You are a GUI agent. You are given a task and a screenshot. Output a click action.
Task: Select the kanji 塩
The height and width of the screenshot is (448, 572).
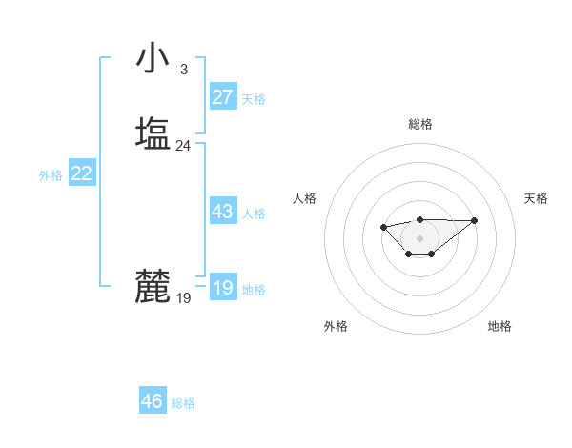coord(153,132)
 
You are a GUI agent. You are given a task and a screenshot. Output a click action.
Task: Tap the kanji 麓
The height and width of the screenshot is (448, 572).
coord(153,286)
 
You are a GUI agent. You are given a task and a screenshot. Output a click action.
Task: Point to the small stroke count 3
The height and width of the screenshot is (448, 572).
coord(183,69)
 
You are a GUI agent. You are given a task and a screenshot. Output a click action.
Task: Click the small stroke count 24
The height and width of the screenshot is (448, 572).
coord(183,146)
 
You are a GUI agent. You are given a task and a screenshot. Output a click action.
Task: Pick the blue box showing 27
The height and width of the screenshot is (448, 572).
coord(223,97)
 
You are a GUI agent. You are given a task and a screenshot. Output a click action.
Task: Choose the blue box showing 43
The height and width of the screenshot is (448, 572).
coord(223,212)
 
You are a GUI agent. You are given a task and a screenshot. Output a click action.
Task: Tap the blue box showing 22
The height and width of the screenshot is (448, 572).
coord(82,173)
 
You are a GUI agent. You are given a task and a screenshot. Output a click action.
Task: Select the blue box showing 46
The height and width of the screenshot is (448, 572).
coord(153,401)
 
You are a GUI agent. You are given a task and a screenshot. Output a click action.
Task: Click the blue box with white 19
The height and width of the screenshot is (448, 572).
coord(223,288)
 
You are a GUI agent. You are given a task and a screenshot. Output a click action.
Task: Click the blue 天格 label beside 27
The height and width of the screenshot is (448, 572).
coord(254,99)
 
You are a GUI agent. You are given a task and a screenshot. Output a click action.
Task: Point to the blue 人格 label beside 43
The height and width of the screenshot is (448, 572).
coord(254,214)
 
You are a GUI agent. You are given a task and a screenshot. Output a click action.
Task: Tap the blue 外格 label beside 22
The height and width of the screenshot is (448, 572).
coord(51,175)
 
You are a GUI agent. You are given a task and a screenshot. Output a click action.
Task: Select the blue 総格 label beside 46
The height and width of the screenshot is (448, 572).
coord(183,403)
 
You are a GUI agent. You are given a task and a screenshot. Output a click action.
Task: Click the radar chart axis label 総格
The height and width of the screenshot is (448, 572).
coord(420,124)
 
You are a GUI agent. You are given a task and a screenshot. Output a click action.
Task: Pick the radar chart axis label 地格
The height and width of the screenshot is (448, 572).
coord(500,326)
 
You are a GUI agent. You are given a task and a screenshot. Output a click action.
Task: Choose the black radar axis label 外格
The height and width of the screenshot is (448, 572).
coord(336,326)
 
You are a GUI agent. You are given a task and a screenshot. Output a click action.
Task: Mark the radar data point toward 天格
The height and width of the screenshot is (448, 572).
coord(475,220)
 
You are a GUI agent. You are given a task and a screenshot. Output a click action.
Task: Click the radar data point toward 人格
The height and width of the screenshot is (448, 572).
coord(383,227)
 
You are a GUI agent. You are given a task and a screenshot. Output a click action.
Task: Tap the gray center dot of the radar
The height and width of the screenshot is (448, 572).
coord(419,237)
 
